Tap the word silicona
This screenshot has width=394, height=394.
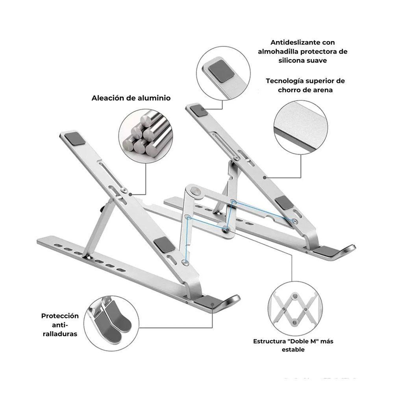click(290, 60)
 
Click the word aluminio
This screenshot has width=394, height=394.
click(155, 98)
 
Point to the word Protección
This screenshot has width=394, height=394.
click(60, 316)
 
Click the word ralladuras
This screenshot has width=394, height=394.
click(60, 334)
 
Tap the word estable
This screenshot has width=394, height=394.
click(293, 350)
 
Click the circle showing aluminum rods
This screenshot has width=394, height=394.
click(146, 136)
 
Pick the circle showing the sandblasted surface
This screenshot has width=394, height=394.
click(301, 128)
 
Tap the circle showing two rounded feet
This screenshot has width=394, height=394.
click(111, 323)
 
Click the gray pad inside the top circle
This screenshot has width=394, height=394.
click(221, 70)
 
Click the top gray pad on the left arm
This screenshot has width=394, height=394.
click(75, 139)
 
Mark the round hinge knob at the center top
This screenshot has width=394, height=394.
click(195, 191)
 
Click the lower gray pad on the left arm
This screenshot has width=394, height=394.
click(165, 244)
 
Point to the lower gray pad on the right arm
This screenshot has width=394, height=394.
click(284, 203)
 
